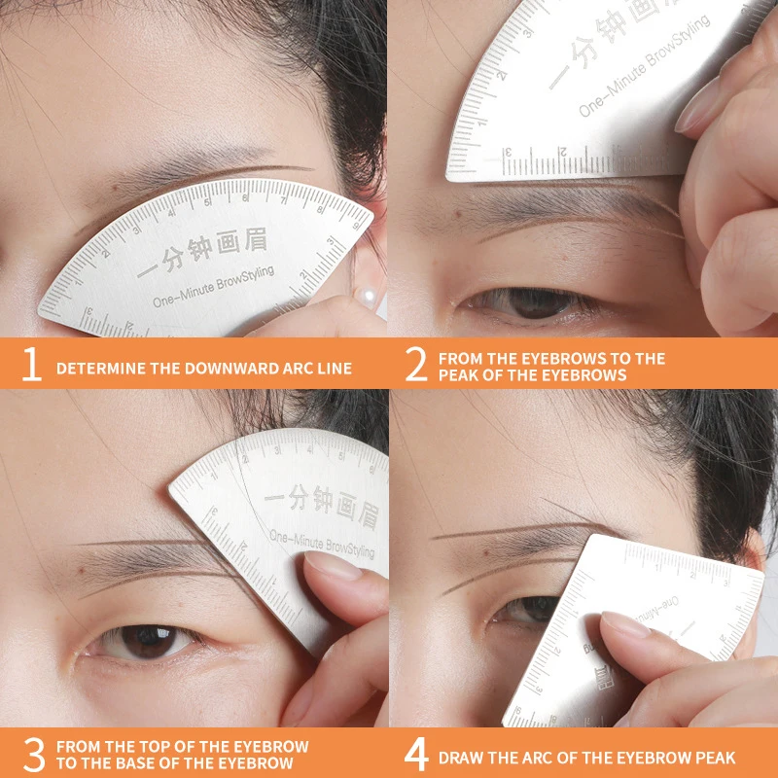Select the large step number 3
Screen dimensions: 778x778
coord(32,756)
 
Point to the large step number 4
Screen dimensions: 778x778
coord(416,756)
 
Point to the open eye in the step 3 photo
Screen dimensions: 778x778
coord(146,641)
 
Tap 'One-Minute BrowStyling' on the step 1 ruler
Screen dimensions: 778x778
coord(213,287)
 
